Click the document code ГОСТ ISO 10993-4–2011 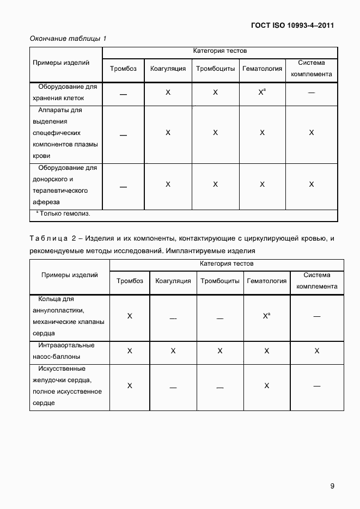click(292, 25)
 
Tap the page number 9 click(332, 486)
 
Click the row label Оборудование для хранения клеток click(65, 93)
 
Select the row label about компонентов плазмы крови click(65, 132)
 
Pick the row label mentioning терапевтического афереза click(65, 185)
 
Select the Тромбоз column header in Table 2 click(130, 281)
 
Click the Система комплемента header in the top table click(311, 69)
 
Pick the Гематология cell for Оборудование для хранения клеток click(262, 93)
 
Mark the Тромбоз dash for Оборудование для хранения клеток click(123, 94)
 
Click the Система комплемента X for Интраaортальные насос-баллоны click(316, 351)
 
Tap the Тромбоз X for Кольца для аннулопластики click(130, 316)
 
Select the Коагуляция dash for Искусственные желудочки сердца click(173, 387)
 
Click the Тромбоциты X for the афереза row click(215, 185)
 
